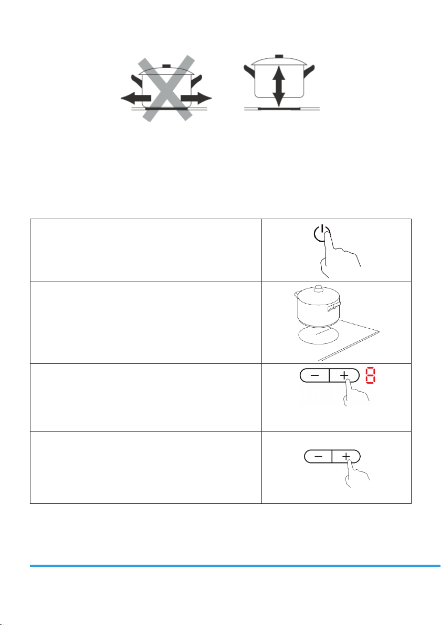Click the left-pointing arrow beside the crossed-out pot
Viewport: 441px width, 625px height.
tap(135, 99)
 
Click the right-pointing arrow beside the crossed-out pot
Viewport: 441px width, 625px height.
tap(196, 99)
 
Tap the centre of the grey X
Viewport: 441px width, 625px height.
tap(166, 89)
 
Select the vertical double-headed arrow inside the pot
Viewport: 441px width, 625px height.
tap(279, 86)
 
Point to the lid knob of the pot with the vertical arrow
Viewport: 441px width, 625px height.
tap(279, 56)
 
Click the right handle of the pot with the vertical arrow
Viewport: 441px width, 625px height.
tap(309, 72)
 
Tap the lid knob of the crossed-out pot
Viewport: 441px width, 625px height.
tap(166, 66)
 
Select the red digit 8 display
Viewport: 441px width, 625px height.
tap(370, 375)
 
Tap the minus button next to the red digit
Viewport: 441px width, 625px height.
tap(314, 375)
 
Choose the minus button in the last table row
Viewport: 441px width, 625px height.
tap(318, 456)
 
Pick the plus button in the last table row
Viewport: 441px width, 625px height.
tap(346, 456)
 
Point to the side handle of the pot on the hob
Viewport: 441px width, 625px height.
tap(334, 307)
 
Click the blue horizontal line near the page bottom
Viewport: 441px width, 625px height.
tap(235, 566)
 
